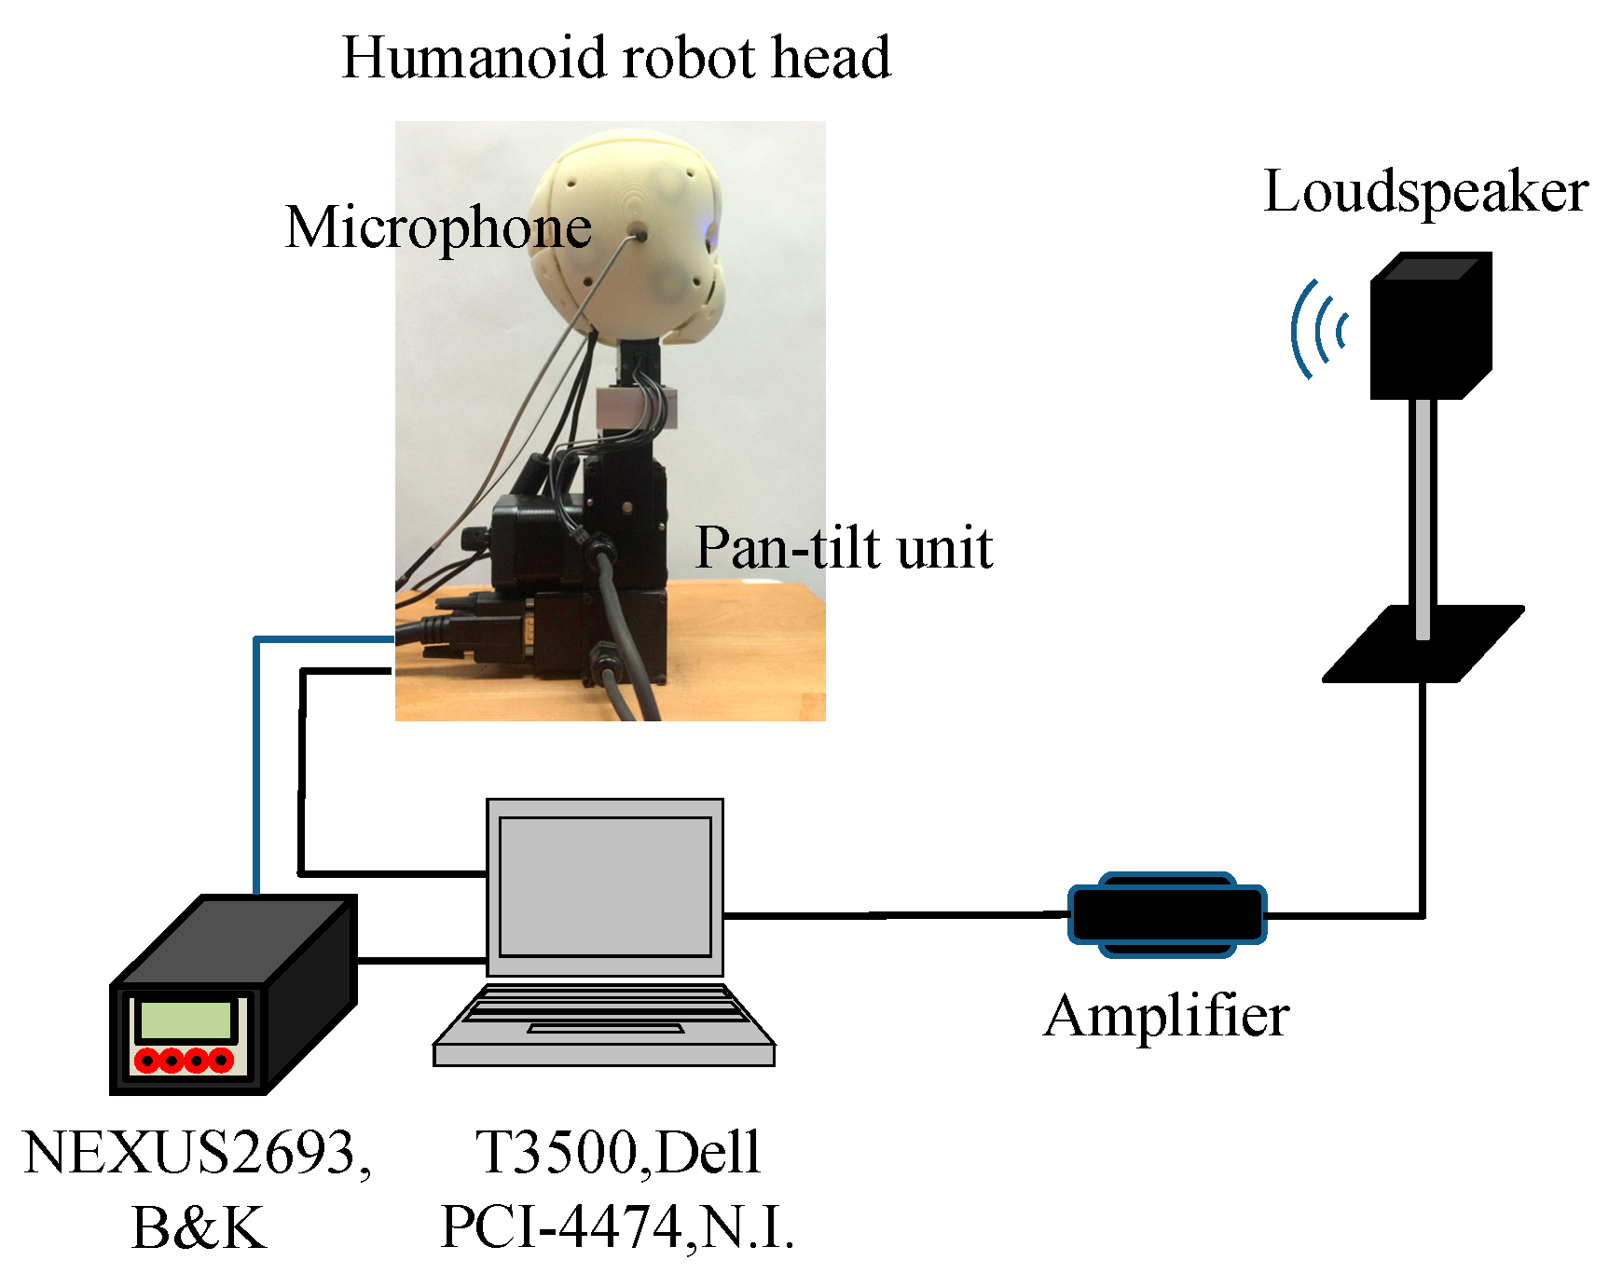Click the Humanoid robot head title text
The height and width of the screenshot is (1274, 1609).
tap(616, 58)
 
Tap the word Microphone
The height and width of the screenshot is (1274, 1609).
tap(438, 227)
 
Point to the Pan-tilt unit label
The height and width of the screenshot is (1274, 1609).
tap(844, 548)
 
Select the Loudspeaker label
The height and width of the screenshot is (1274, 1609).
tap(1425, 193)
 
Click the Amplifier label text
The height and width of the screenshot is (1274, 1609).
tap(1166, 1016)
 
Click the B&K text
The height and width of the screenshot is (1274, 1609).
tap(199, 1227)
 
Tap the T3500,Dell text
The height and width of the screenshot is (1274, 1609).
tap(618, 1153)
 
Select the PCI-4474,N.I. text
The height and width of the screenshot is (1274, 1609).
tap(617, 1227)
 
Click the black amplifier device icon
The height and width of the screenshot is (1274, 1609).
tap(1166, 915)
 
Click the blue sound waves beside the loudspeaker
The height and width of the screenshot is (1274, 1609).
tap(1316, 330)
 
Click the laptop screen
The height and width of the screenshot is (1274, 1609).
tap(605, 886)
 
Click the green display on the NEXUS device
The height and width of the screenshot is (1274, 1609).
tap(185, 1021)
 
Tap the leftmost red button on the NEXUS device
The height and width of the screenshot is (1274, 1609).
tap(147, 1061)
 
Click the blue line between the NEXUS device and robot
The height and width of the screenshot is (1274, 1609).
tap(255, 764)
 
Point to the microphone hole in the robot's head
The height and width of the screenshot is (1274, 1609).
tap(641, 236)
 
